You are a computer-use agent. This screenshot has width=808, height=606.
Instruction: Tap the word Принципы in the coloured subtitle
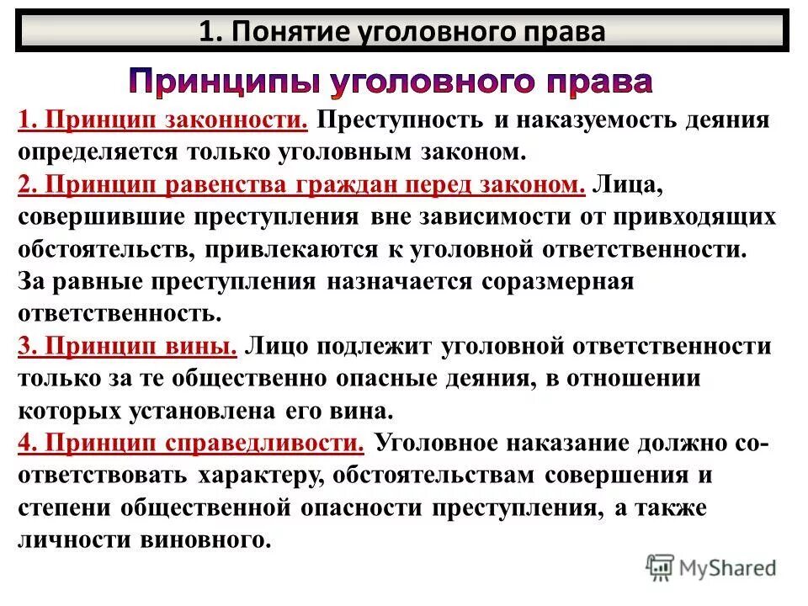click(222, 82)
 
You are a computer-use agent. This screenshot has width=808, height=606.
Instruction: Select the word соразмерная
click(556, 282)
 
